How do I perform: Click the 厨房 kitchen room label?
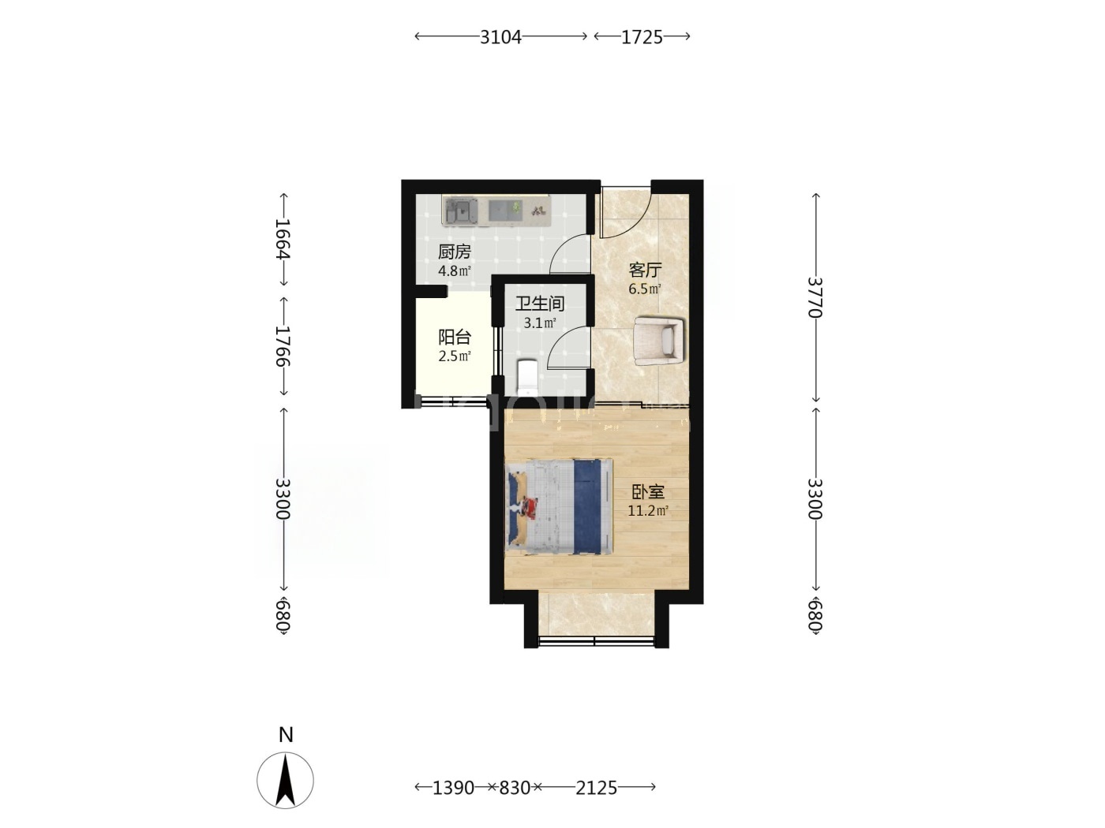click(454, 252)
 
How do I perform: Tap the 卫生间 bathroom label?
click(539, 303)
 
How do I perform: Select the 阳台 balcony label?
click(454, 337)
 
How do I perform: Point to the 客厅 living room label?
click(644, 270)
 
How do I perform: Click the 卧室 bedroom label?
click(648, 491)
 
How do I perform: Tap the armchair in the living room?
click(660, 341)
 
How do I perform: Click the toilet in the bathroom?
click(527, 376)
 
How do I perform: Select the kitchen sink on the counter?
click(108, 211)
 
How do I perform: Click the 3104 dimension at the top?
click(500, 37)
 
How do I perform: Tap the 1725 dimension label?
click(642, 37)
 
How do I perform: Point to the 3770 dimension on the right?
click(815, 297)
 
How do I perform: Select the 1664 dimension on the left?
click(283, 238)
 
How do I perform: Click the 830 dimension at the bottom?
click(514, 787)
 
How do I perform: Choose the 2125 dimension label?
click(596, 787)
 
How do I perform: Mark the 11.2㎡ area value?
click(648, 511)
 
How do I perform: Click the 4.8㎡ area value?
click(454, 271)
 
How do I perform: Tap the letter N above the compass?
click(286, 735)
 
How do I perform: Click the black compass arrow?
click(286, 781)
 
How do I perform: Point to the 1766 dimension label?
click(283, 346)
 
